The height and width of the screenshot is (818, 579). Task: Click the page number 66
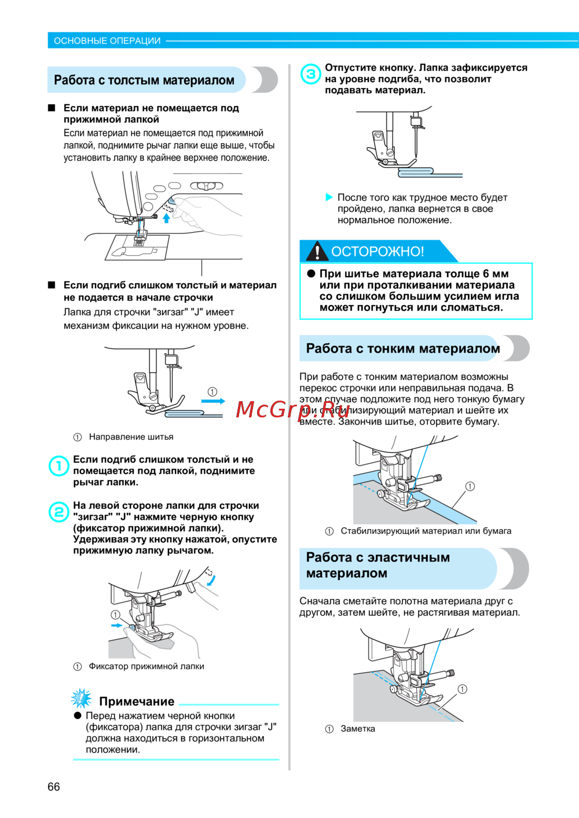click(x=54, y=786)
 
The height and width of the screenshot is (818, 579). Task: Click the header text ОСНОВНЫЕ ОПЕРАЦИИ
click(x=107, y=41)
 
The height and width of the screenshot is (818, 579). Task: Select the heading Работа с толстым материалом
click(x=144, y=80)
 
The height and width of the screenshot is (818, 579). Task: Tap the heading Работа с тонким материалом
click(x=403, y=349)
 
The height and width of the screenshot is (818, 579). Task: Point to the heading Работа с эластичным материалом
click(x=378, y=565)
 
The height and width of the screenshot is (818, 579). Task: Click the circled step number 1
click(x=58, y=465)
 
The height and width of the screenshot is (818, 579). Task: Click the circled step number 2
click(x=58, y=512)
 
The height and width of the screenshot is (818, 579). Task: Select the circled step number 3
click(x=311, y=74)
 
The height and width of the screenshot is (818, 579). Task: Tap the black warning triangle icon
click(x=317, y=252)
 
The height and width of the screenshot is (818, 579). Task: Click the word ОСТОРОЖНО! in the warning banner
click(x=378, y=251)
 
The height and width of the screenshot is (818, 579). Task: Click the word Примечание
click(x=137, y=701)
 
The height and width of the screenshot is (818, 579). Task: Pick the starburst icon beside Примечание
click(x=81, y=699)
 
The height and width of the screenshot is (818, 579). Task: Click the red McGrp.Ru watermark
click(x=293, y=409)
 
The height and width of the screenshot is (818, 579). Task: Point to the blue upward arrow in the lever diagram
click(x=166, y=218)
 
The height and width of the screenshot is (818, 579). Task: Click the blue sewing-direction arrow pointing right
click(x=213, y=401)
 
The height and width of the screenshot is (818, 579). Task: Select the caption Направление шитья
click(x=131, y=436)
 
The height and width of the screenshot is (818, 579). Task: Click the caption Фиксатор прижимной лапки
click(x=146, y=666)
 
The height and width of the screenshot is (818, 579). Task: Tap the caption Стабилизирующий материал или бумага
click(x=426, y=531)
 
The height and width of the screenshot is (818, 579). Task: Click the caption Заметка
click(x=358, y=729)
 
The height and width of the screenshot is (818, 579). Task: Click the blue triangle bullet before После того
click(x=329, y=197)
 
